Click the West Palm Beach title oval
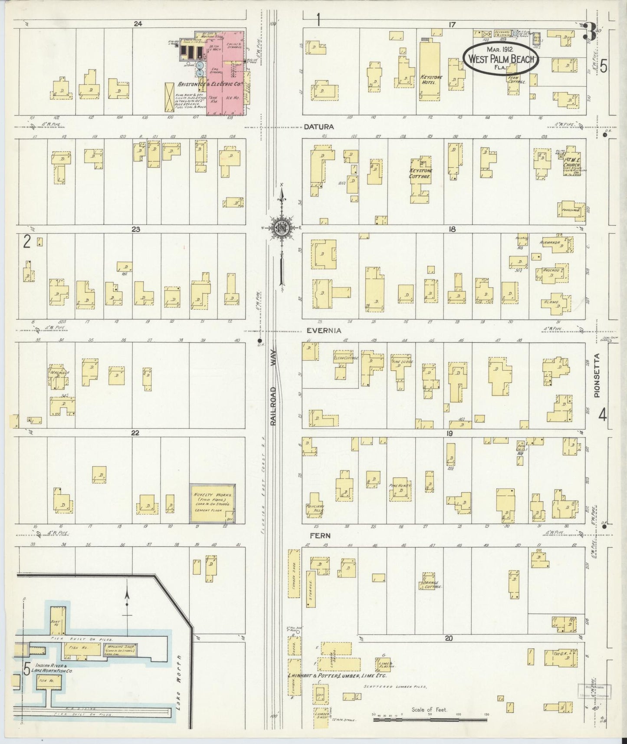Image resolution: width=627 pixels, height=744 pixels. click(x=500, y=59)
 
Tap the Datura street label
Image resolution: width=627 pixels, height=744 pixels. click(x=318, y=127)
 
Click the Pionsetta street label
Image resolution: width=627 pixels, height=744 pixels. click(x=597, y=375)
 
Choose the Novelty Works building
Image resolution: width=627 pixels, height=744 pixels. click(x=213, y=503)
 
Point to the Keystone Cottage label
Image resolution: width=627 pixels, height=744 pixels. click(x=421, y=174)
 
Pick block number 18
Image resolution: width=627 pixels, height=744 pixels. click(x=452, y=229)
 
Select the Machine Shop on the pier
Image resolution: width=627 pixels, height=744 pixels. click(x=120, y=650)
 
